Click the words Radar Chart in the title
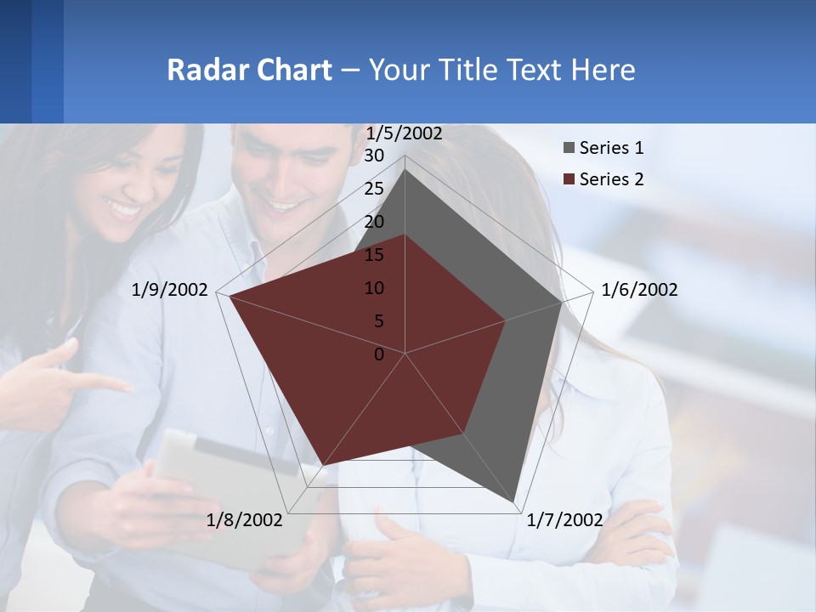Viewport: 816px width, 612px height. (x=249, y=70)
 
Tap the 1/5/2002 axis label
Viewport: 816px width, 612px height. (x=404, y=133)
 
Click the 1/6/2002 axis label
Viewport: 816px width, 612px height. (x=639, y=290)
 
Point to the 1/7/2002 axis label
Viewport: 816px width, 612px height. (x=564, y=520)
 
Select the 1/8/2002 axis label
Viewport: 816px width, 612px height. (x=244, y=520)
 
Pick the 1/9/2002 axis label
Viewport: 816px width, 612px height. (x=170, y=290)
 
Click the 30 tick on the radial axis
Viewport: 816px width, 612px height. (x=374, y=156)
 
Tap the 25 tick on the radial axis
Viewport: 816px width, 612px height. (x=374, y=189)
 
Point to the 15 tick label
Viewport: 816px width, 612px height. (x=374, y=255)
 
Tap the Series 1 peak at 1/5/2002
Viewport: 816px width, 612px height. (x=405, y=170)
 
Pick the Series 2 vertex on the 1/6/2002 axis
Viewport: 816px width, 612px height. (x=506, y=320)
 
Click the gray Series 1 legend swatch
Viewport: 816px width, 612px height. (x=569, y=149)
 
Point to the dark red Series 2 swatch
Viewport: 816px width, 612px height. (x=569, y=180)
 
